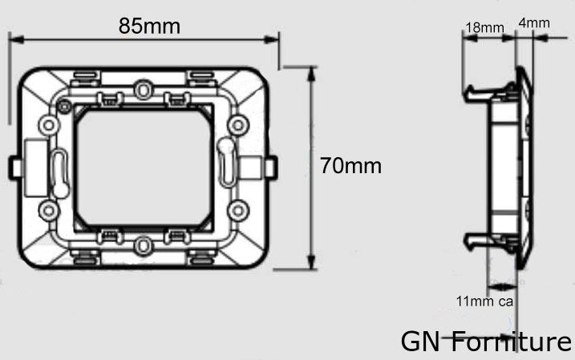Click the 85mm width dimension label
pyautogui.click(x=149, y=26)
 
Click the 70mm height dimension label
pyautogui.click(x=351, y=166)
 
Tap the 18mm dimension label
pyautogui.click(x=485, y=27)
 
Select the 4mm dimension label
pyautogui.click(x=534, y=22)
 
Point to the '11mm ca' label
pyautogui.click(x=484, y=301)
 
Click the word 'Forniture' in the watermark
pyautogui.click(x=511, y=342)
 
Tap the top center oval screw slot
pyautogui.click(x=143, y=90)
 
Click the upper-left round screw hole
pyautogui.click(x=48, y=125)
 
